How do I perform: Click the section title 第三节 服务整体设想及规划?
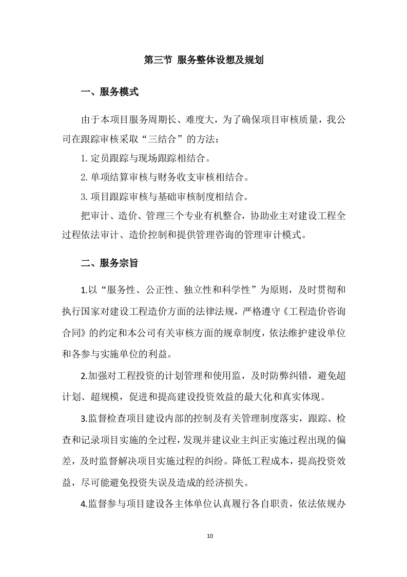click(x=203, y=60)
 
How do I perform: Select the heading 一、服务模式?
click(x=109, y=93)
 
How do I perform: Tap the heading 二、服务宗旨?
click(x=109, y=263)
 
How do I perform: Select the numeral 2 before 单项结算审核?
click(x=83, y=178)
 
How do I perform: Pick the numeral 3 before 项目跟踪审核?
click(x=83, y=197)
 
